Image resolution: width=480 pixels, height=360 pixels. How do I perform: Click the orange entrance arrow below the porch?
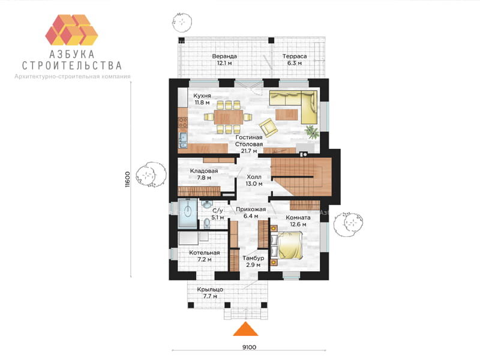tap(245, 329)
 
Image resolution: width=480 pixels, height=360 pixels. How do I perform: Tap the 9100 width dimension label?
tap(249, 347)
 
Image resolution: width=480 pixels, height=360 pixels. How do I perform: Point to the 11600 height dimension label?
tap(128, 179)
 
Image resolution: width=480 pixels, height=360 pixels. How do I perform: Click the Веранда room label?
tap(224, 56)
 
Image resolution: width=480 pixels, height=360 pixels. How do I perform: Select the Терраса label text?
tap(295, 56)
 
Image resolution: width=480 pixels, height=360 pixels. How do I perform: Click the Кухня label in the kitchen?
tap(202, 96)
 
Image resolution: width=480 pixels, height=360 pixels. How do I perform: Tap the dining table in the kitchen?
tap(229, 117)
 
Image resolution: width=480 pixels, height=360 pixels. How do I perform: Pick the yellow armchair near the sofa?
tap(268, 127)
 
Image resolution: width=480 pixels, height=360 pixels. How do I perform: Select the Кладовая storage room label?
tap(204, 171)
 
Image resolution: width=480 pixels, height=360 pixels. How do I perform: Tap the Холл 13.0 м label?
tap(254, 181)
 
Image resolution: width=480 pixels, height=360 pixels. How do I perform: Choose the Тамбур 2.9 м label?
tap(253, 262)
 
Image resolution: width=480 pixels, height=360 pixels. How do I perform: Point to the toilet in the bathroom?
tap(206, 223)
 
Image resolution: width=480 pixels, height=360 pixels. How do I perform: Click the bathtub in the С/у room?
tap(188, 213)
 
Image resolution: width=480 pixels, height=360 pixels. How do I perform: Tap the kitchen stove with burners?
tap(183, 122)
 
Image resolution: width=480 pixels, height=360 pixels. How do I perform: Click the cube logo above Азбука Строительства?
tap(71, 29)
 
